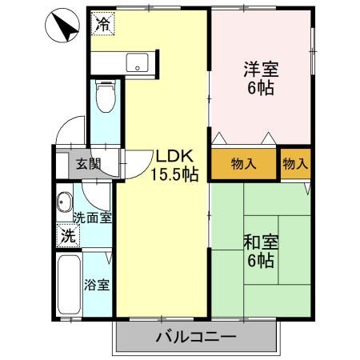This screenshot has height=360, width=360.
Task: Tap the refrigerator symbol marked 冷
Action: (x=102, y=24)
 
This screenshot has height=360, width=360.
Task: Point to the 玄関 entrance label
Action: (x=88, y=165)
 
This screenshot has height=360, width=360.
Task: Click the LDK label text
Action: (x=174, y=156)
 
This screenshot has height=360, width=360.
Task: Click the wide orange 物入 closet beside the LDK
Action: (x=243, y=164)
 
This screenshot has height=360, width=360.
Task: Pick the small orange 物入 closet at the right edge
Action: (x=294, y=164)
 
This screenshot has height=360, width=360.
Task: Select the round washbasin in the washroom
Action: (x=65, y=202)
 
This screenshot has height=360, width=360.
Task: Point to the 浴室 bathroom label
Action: (x=97, y=285)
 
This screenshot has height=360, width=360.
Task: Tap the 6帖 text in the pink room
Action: (x=262, y=88)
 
